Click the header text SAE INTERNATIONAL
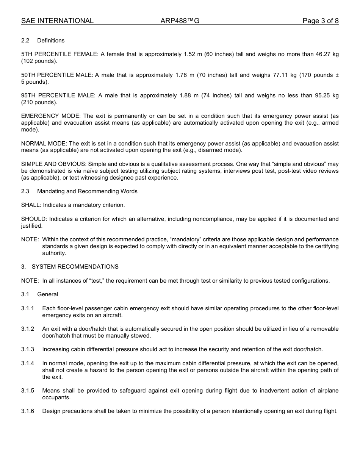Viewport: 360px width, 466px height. pos(57,21)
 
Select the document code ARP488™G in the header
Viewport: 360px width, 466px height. pos(180,21)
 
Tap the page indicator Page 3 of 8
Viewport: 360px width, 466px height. pos(320,21)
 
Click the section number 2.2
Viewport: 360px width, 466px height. pos(25,41)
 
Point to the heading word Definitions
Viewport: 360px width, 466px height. pos(51,41)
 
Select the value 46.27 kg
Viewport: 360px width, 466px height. pos(327,54)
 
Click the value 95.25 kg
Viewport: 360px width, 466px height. pos(327,95)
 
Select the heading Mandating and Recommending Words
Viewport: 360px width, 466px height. pos(87,191)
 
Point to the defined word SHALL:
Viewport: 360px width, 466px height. pos(31,205)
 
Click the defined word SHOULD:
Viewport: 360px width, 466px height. pos(34,219)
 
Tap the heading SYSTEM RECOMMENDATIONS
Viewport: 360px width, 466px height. pos(75,267)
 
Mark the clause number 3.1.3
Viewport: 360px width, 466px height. pos(28,349)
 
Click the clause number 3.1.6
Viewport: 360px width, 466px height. pos(28,411)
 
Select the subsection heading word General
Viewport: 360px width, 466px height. pos(47,294)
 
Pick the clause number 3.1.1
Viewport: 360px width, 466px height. pos(28,308)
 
